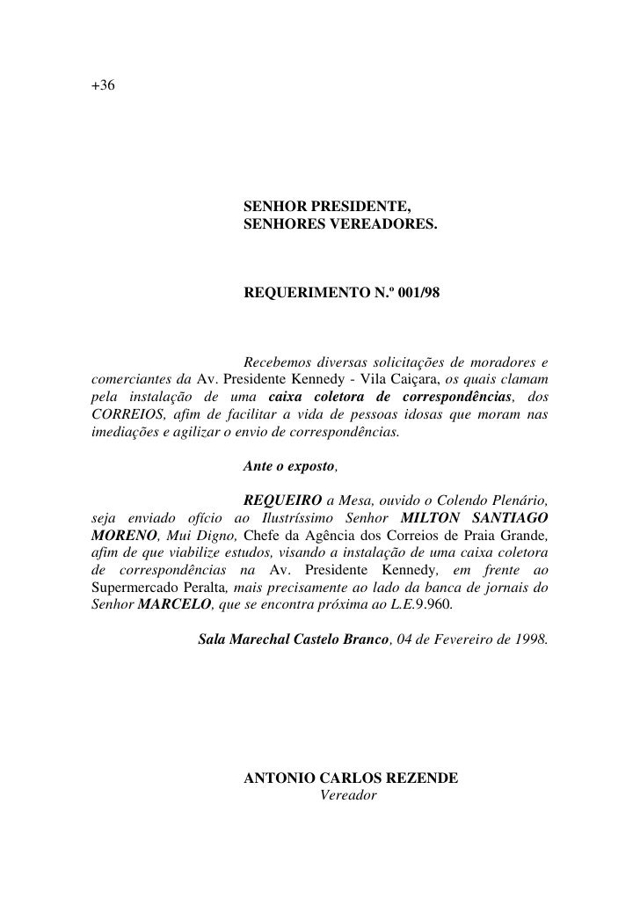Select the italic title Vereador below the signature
[348, 795]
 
